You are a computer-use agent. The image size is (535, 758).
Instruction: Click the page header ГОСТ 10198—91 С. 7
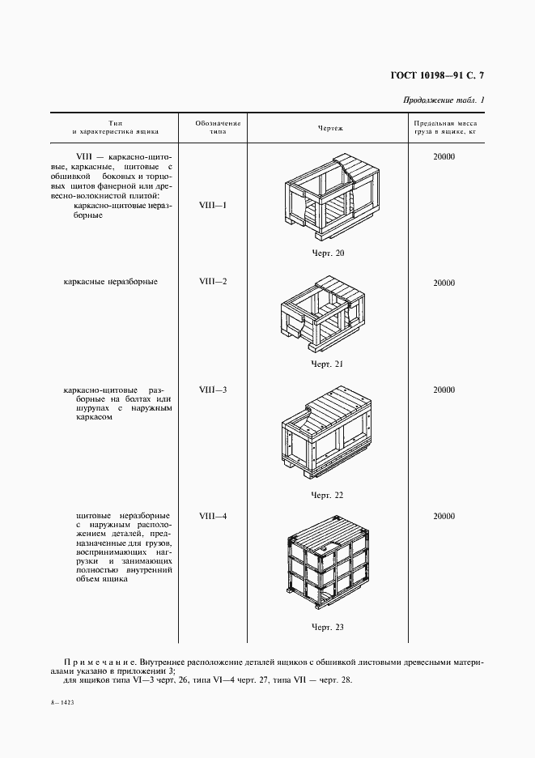[x=431, y=77]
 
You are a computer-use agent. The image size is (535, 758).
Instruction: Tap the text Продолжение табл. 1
[x=444, y=100]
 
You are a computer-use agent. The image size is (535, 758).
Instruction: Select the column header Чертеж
[x=330, y=128]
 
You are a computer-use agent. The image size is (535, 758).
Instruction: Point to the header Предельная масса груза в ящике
[x=444, y=127]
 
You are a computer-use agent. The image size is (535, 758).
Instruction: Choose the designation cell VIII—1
[x=213, y=206]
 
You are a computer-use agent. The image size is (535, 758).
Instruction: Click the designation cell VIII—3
[x=213, y=390]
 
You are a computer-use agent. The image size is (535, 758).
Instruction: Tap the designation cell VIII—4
[x=213, y=516]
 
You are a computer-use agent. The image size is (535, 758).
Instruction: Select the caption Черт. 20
[x=328, y=254]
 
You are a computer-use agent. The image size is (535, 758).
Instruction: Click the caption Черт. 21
[x=328, y=364]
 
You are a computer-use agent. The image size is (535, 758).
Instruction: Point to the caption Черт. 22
[x=328, y=495]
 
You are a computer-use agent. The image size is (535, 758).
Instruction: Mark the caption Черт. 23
[x=328, y=627]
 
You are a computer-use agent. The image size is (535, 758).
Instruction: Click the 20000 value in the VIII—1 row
[x=444, y=156]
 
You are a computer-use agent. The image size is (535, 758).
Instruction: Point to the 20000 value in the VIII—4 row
[x=444, y=516]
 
